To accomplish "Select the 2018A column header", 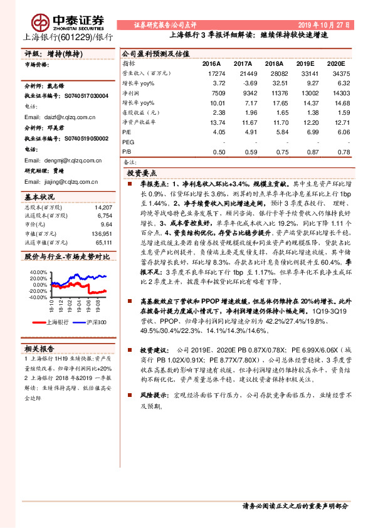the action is tap(274, 64).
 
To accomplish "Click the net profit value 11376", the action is tap(273, 92).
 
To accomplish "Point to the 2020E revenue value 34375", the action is tap(339, 73).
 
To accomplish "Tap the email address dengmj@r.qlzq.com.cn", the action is tap(60, 160).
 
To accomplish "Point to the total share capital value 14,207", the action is tap(103, 207).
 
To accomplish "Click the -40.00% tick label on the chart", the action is tap(38, 297).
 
